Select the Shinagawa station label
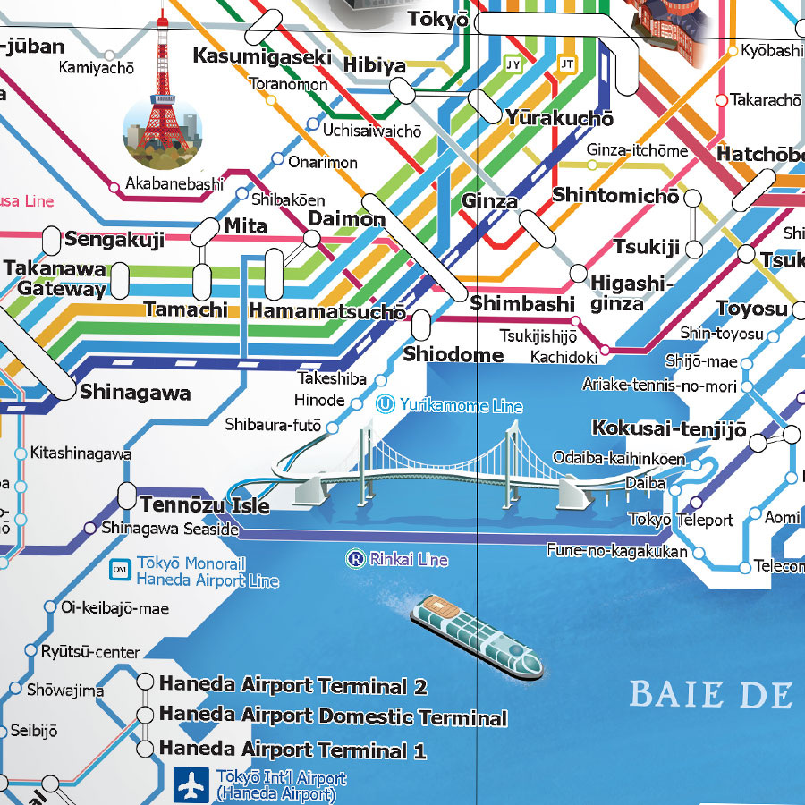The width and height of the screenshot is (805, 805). [135, 393]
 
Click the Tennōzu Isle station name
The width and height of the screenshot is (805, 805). [204, 505]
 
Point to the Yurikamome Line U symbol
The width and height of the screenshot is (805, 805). [386, 404]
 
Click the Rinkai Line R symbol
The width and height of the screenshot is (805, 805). [355, 560]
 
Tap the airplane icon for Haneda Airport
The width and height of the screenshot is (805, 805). [190, 784]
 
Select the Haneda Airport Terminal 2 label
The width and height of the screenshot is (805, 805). [292, 686]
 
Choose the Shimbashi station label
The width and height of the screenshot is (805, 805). [521, 304]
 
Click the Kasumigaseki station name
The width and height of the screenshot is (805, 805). [263, 55]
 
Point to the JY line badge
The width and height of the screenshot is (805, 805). [513, 64]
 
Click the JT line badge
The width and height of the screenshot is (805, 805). [566, 64]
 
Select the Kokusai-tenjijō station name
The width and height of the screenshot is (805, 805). [668, 428]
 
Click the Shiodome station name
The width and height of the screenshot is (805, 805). [453, 354]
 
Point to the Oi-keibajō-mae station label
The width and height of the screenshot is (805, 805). [114, 608]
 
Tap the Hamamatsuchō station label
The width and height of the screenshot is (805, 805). [326, 311]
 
